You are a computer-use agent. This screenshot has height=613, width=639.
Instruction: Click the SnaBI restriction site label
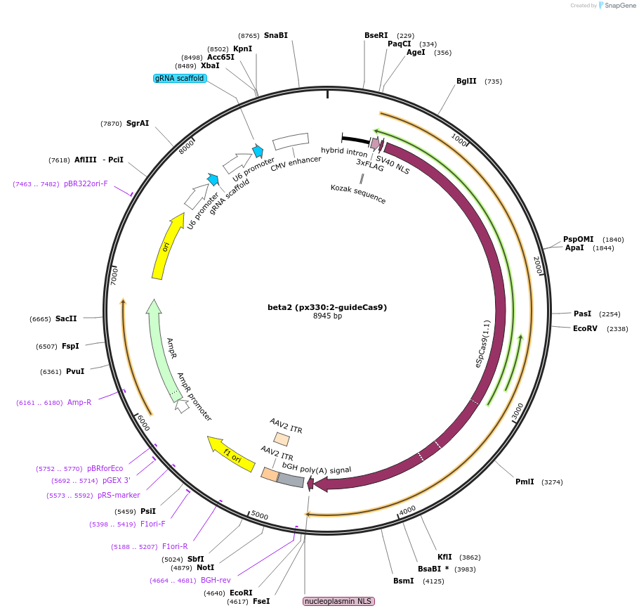click(x=275, y=35)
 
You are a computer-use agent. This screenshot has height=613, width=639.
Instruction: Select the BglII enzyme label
click(x=466, y=81)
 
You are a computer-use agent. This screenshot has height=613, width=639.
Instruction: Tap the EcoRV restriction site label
click(x=585, y=328)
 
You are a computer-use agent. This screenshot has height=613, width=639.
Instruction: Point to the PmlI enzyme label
click(x=525, y=482)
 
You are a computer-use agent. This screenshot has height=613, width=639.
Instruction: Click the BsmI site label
click(x=403, y=581)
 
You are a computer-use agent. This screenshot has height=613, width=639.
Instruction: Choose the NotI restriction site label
click(x=205, y=567)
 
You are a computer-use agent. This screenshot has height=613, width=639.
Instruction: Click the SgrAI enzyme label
click(x=138, y=123)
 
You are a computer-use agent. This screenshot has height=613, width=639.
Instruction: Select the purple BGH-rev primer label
click(x=216, y=580)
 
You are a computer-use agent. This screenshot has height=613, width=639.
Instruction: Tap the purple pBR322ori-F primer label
click(x=86, y=183)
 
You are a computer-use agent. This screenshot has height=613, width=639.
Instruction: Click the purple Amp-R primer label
click(x=79, y=402)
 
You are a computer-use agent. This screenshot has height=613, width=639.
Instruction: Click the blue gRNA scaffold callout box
click(x=180, y=78)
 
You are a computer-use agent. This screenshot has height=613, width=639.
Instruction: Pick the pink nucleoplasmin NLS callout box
click(x=338, y=601)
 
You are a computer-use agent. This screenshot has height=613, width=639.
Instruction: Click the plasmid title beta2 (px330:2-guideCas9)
click(x=327, y=307)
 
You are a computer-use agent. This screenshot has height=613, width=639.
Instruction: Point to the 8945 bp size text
click(x=327, y=316)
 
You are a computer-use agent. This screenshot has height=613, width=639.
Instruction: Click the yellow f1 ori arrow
click(x=231, y=454)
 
